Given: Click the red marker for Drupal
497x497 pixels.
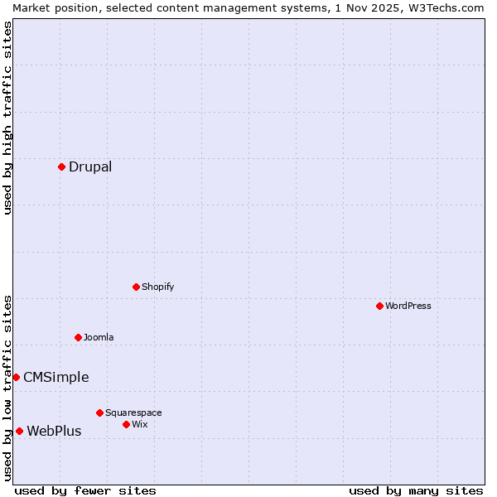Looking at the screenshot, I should pyautogui.click(x=61, y=166).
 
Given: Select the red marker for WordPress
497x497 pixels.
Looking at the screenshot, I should pyautogui.click(x=379, y=306).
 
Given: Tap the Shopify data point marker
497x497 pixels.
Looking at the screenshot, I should pyautogui.click(x=136, y=287).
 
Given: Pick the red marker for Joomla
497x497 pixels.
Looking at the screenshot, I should pyautogui.click(x=78, y=337).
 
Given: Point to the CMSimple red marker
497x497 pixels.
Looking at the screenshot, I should pyautogui.click(x=16, y=377).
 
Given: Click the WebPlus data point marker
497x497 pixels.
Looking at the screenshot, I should pyautogui.click(x=19, y=431).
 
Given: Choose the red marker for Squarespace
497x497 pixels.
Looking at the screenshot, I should pyautogui.click(x=99, y=413).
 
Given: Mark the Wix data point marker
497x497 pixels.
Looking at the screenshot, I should pyautogui.click(x=126, y=424).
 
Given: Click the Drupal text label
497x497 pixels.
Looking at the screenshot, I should pyautogui.click(x=90, y=166).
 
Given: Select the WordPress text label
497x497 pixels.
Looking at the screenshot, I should pyautogui.click(x=408, y=306).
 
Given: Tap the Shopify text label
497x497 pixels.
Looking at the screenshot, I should pyautogui.click(x=158, y=287).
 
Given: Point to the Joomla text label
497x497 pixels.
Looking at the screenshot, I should pyautogui.click(x=99, y=337).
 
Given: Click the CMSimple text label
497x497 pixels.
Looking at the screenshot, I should pyautogui.click(x=56, y=377).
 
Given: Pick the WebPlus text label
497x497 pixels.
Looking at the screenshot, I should pyautogui.click(x=55, y=431).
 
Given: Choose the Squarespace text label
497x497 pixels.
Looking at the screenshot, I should pyautogui.click(x=133, y=413).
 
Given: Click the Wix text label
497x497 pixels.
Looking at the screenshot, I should pyautogui.click(x=140, y=424).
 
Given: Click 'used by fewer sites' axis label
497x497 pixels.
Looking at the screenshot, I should pyautogui.click(x=85, y=490).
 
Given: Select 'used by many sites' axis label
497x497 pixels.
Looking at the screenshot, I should pyautogui.click(x=416, y=490).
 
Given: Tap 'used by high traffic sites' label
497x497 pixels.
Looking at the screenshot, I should pyautogui.click(x=7, y=118).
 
